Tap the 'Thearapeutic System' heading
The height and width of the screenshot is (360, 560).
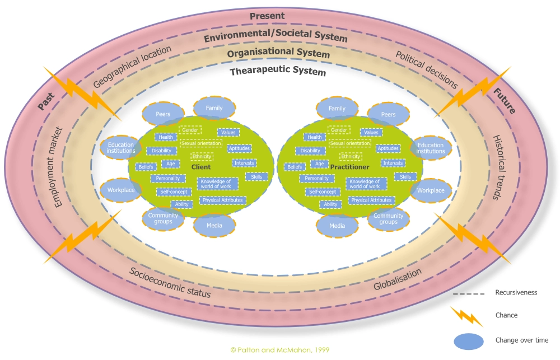278,71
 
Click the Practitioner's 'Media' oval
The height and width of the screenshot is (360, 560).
337,226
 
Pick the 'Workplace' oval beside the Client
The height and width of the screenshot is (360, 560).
121,190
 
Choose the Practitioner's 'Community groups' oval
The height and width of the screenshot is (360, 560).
388,219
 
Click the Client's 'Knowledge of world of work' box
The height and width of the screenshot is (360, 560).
217,184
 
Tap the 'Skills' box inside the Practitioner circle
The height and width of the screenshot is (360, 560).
405,177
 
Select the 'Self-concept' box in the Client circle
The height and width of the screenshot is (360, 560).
174,191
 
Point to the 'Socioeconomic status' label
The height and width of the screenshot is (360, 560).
170,283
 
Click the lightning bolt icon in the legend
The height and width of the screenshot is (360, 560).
466,316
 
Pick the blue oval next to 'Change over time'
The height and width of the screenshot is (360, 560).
466,340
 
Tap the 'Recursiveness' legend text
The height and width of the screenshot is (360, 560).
515,292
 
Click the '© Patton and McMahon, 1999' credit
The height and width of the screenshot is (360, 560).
279,349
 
